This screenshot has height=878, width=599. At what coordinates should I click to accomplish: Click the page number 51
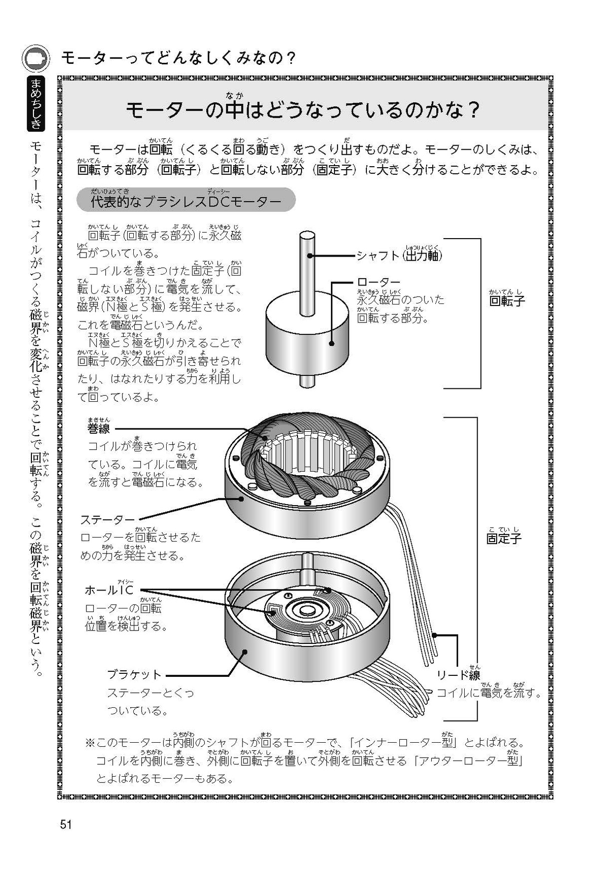pyautogui.click(x=65, y=825)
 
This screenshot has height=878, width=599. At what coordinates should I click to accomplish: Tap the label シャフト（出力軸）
pyautogui.click(x=399, y=256)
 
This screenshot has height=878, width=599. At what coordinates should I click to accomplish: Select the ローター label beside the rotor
pyautogui.click(x=379, y=283)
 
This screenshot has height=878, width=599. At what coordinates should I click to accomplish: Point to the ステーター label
pyautogui.click(x=108, y=520)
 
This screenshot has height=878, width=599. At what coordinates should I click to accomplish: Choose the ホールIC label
pyautogui.click(x=109, y=590)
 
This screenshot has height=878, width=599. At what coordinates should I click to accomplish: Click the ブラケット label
pyautogui.click(x=135, y=675)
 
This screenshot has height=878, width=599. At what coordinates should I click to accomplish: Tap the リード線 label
pyautogui.click(x=458, y=675)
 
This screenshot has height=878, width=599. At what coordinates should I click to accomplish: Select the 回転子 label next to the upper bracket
pyautogui.click(x=507, y=301)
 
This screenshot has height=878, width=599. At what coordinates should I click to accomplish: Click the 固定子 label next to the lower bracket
pyautogui.click(x=504, y=539)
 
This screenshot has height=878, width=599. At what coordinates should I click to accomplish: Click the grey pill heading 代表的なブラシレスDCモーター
pyautogui.click(x=186, y=201)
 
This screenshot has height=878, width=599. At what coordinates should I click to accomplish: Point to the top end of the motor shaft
pyautogui.click(x=307, y=236)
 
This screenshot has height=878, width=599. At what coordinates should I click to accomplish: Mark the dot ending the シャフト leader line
pyautogui.click(x=310, y=256)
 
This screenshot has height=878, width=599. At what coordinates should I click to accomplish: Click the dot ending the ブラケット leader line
pyautogui.click(x=245, y=652)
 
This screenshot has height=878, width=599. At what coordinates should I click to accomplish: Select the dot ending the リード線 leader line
pyautogui.click(x=435, y=635)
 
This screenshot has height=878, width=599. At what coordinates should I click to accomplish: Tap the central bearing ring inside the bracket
pyautogui.click(x=305, y=610)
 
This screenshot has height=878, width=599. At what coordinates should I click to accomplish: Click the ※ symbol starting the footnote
pyautogui.click(x=90, y=743)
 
